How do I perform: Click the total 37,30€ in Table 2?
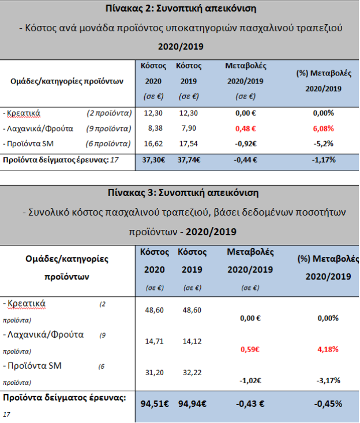pyautogui.click(x=153, y=160)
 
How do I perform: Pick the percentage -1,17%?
pyautogui.click(x=323, y=160)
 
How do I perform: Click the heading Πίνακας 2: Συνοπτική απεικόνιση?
pyautogui.click(x=180, y=9)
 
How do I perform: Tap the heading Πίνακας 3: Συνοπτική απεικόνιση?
pyautogui.click(x=180, y=192)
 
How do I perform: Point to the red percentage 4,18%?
pyautogui.click(x=327, y=349)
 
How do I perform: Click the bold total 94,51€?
pyautogui.click(x=155, y=403)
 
